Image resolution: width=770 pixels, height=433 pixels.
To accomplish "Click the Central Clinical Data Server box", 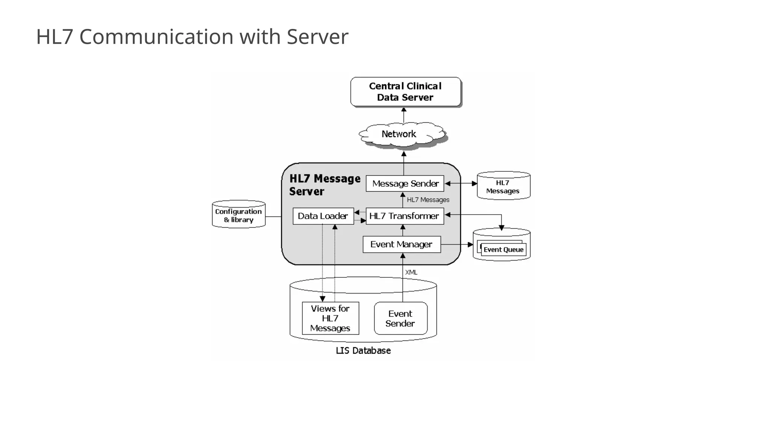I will [x=405, y=92].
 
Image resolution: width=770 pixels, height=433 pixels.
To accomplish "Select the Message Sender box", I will [x=405, y=183].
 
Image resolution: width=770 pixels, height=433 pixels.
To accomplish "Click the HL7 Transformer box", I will [x=405, y=216].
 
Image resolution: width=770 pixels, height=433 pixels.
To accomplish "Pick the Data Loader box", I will [x=323, y=216].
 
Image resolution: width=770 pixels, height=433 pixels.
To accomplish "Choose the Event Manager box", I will [x=401, y=244].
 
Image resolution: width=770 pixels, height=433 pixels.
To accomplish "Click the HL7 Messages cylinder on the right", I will [x=503, y=186].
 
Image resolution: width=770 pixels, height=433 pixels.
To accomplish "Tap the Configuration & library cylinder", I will [x=238, y=215].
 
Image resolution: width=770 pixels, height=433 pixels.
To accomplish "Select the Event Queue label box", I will [x=503, y=250].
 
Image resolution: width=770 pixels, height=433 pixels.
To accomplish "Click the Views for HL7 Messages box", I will [x=330, y=318].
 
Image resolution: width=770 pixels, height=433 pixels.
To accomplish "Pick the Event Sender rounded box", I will [x=400, y=318].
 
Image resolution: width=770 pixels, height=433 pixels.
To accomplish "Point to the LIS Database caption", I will [x=363, y=351].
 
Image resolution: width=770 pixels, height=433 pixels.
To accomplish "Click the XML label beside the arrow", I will [x=411, y=272].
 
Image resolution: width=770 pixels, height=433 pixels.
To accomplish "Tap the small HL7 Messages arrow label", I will [x=428, y=200].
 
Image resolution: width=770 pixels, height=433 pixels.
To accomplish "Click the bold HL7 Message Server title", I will [x=324, y=185].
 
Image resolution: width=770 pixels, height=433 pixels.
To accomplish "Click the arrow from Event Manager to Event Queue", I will [x=456, y=244].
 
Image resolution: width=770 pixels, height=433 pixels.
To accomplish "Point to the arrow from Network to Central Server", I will [x=404, y=115].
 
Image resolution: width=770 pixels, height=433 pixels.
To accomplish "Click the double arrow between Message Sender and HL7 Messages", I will [x=461, y=183].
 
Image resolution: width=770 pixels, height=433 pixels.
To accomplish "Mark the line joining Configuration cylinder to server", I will [x=273, y=216].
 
